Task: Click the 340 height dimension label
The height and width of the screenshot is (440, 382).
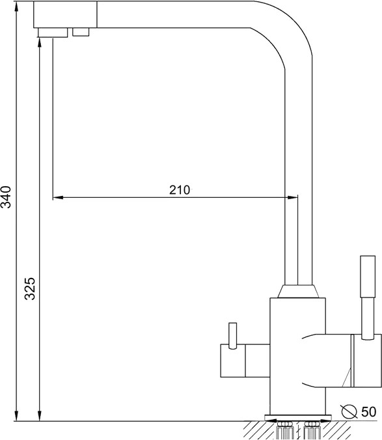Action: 6,197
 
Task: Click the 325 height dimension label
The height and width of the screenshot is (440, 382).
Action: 29,289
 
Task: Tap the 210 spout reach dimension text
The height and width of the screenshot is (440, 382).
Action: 180,190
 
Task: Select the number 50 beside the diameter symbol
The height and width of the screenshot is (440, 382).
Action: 368,412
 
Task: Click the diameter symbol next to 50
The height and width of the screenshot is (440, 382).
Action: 349,411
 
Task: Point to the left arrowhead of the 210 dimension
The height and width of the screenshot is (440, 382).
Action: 58,198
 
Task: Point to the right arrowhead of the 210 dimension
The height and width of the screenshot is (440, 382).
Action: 292,198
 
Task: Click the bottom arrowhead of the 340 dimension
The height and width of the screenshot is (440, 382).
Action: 16,416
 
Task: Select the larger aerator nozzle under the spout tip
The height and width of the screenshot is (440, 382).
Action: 53,33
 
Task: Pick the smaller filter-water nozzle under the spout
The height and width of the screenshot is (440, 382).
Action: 81,32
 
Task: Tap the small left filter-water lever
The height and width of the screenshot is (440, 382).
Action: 232,336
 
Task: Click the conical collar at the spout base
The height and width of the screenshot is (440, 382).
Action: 298,292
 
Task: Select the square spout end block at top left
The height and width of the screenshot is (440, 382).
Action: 65,14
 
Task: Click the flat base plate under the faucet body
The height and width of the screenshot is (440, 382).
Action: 298,418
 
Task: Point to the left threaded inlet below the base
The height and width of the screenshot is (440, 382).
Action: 284,430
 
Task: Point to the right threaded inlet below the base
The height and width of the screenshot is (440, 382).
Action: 312,430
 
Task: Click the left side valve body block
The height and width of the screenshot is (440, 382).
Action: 245,361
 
